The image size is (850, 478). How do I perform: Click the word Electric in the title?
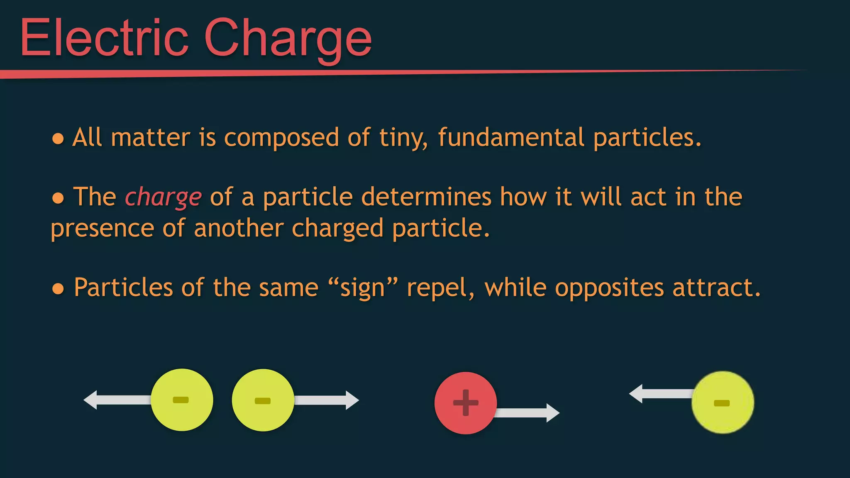tap(104, 38)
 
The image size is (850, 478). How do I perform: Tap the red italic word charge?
tap(163, 197)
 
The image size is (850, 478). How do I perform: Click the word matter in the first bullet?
tap(150, 137)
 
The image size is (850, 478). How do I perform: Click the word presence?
tap(102, 229)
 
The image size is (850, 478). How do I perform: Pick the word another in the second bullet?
tap(239, 228)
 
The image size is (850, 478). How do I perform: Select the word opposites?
tap(609, 288)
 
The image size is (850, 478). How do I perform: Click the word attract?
tap(716, 288)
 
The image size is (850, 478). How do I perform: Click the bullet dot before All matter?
tap(58, 139)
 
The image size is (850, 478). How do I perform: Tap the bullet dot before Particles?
tap(58, 289)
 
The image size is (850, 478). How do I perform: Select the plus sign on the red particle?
tap(465, 402)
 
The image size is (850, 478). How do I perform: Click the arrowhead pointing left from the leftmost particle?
tap(91, 400)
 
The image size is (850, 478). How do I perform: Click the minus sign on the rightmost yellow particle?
tap(721, 403)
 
